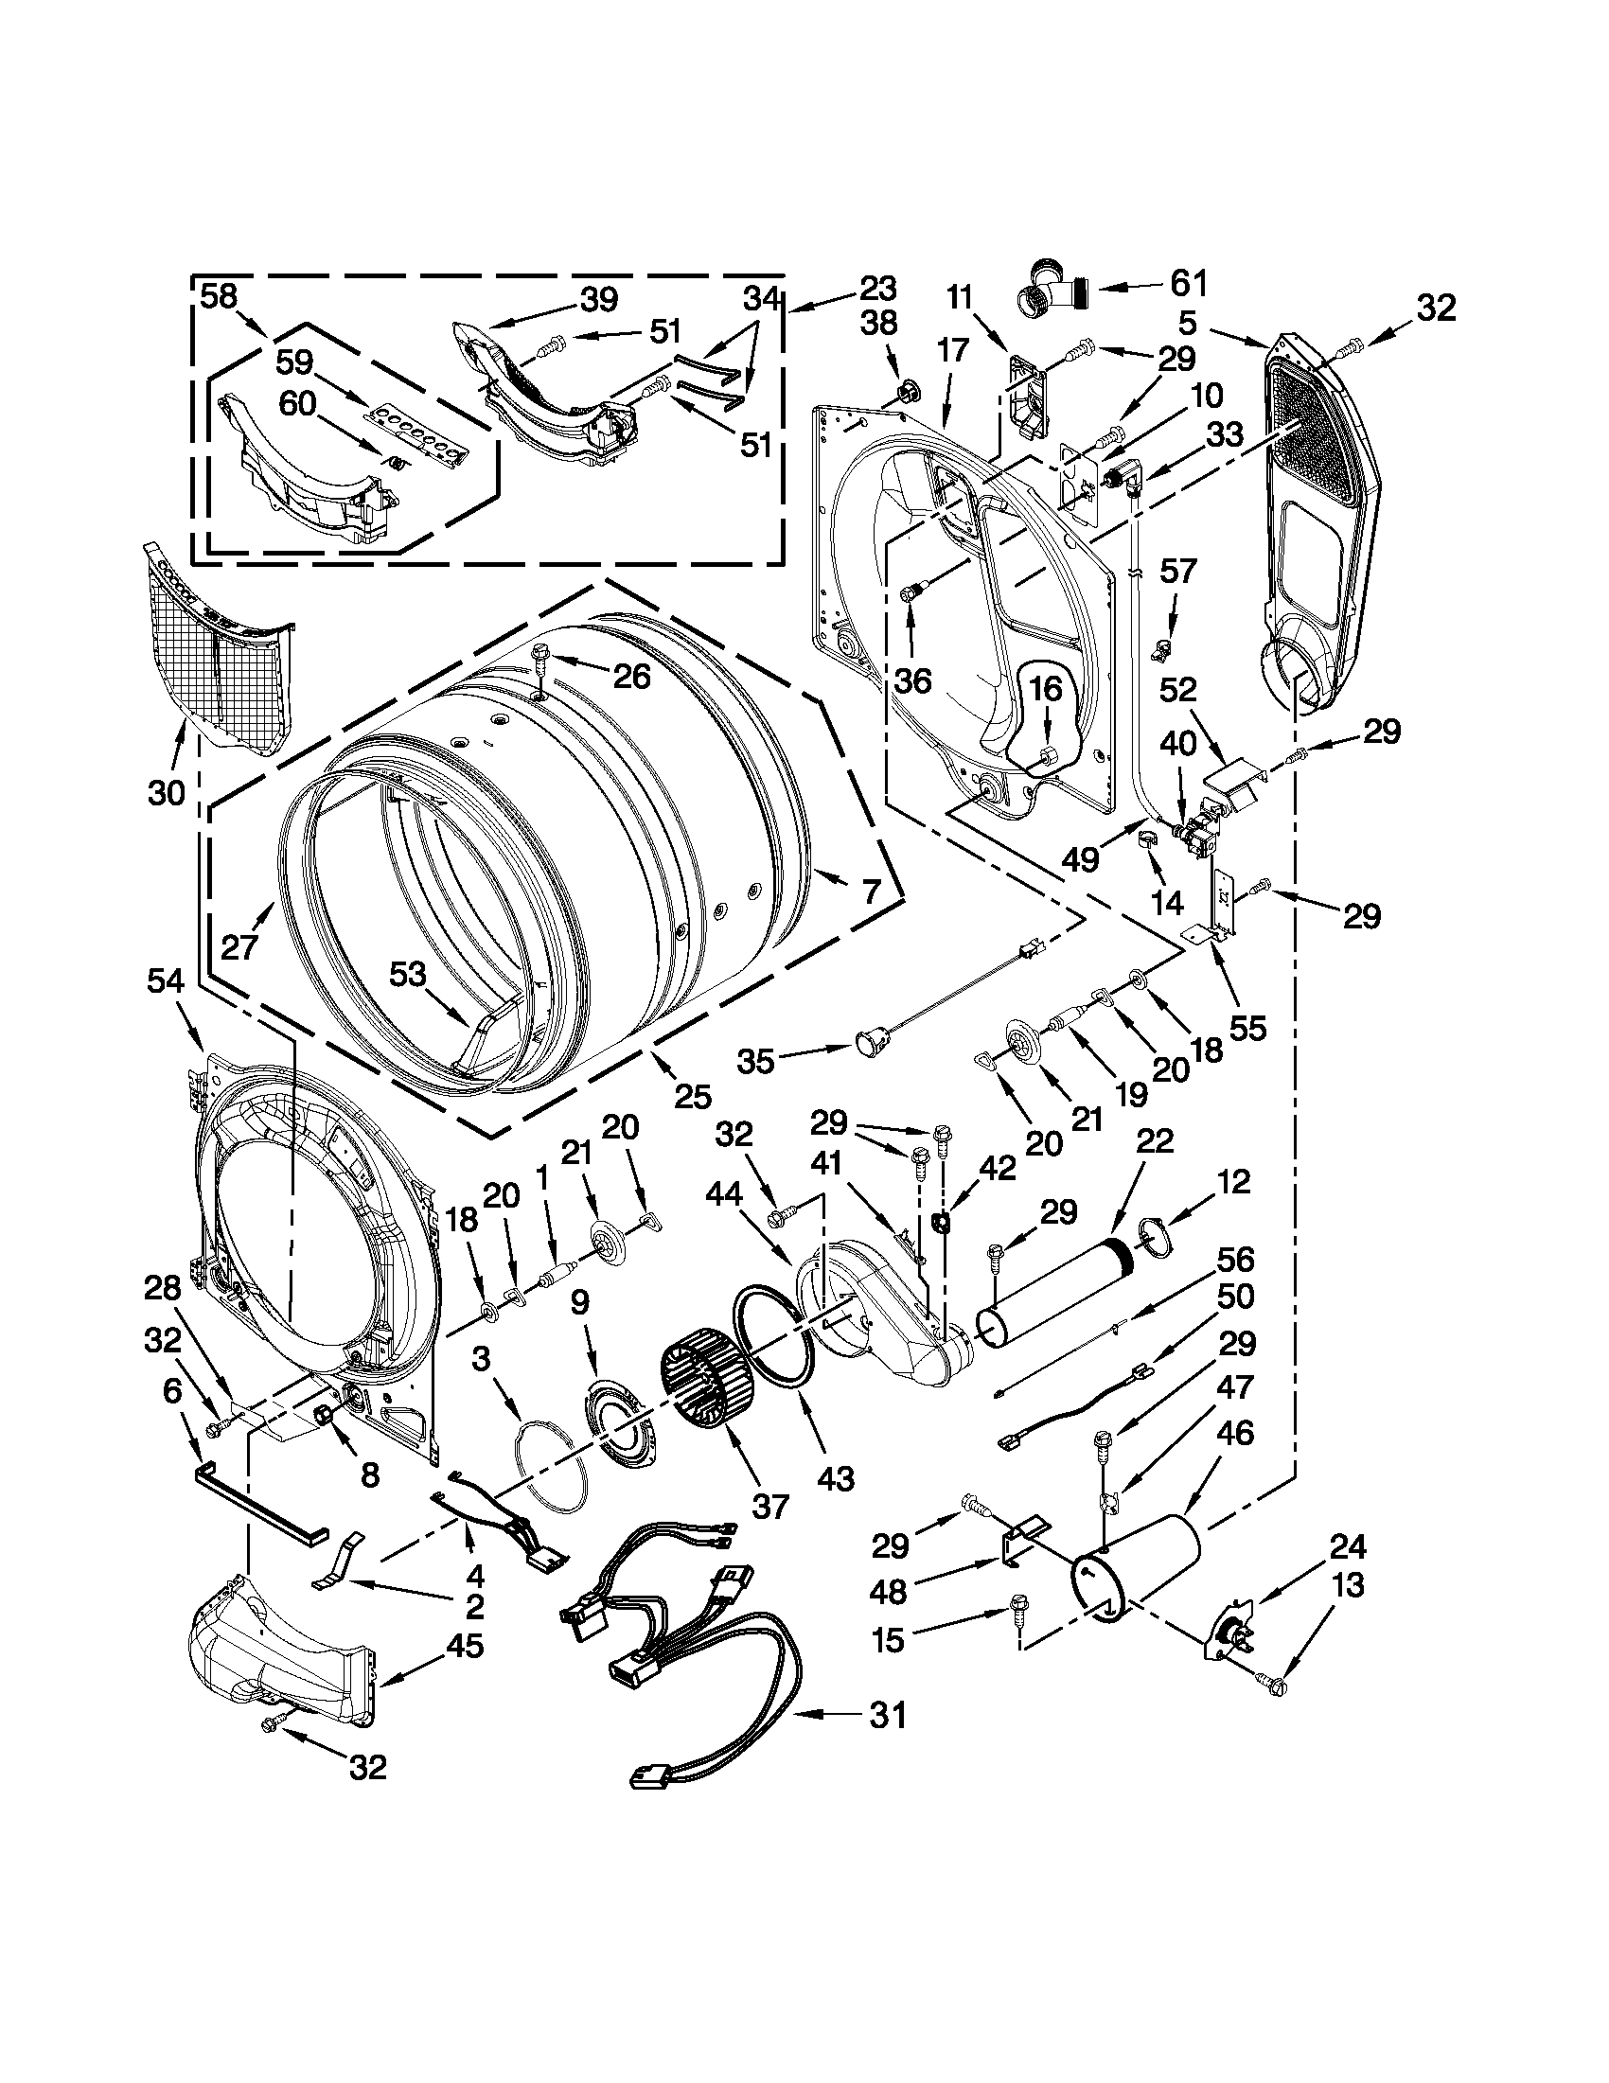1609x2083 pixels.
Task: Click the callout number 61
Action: [1188, 283]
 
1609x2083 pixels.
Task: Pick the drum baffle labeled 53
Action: [491, 1039]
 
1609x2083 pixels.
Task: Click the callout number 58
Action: [219, 295]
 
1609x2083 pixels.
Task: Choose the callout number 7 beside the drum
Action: [870, 891]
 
